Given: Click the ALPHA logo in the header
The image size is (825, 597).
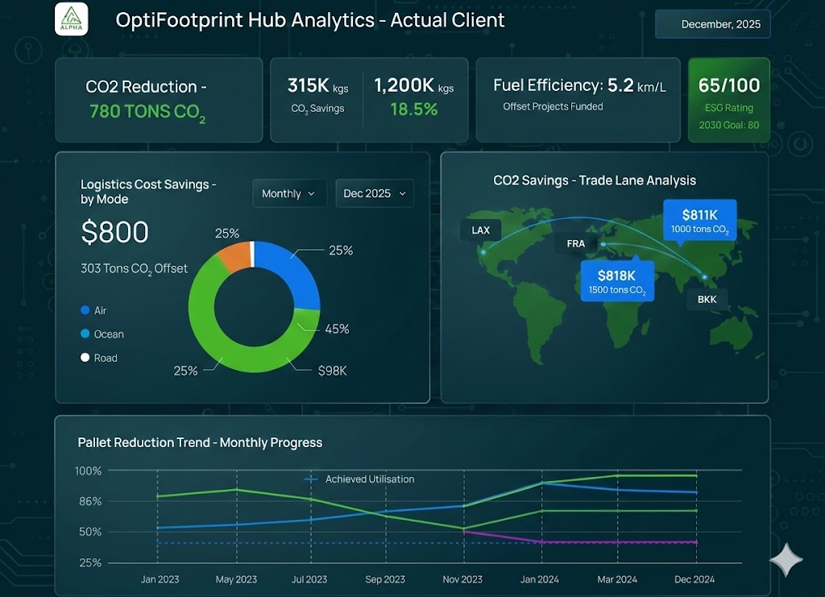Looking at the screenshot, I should pyautogui.click(x=71, y=19).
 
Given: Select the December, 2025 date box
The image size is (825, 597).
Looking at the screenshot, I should pyautogui.click(x=713, y=24).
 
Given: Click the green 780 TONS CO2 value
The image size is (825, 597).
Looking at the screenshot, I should pyautogui.click(x=147, y=112).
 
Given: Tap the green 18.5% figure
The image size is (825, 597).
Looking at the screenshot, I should pyautogui.click(x=413, y=110).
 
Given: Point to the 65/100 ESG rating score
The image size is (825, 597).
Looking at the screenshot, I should pyautogui.click(x=729, y=85).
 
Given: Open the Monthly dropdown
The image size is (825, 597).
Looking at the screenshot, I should pyautogui.click(x=289, y=193).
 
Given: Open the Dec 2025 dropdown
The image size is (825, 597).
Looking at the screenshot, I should pyautogui.click(x=375, y=193).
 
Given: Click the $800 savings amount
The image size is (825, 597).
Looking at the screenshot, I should pyautogui.click(x=115, y=233).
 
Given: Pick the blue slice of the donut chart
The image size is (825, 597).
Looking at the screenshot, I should pyautogui.click(x=287, y=274).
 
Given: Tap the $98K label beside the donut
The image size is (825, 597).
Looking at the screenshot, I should pyautogui.click(x=332, y=370).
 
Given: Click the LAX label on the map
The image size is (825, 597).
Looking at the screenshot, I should pyautogui.click(x=480, y=230).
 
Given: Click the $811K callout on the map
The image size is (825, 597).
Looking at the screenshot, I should pyautogui.click(x=699, y=221).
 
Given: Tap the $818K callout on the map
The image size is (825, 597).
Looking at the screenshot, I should pyautogui.click(x=617, y=280).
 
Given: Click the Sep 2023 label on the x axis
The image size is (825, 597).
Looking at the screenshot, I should pyautogui.click(x=385, y=579).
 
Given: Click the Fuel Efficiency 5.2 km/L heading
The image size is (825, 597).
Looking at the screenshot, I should pyautogui.click(x=579, y=85).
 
